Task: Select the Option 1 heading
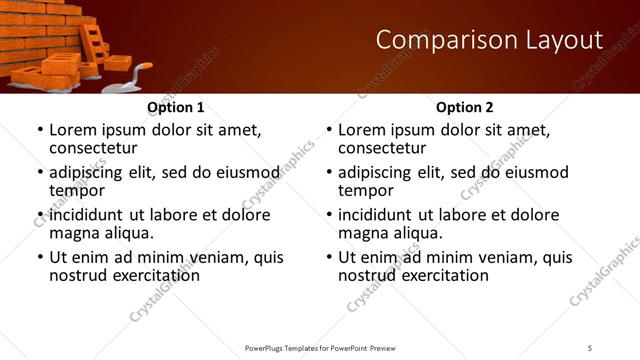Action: (176, 107)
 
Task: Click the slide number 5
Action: (590, 347)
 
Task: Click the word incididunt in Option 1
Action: (88, 215)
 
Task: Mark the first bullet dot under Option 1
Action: (39, 131)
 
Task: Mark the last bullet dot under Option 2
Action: (328, 257)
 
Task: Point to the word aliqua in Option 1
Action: (127, 233)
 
